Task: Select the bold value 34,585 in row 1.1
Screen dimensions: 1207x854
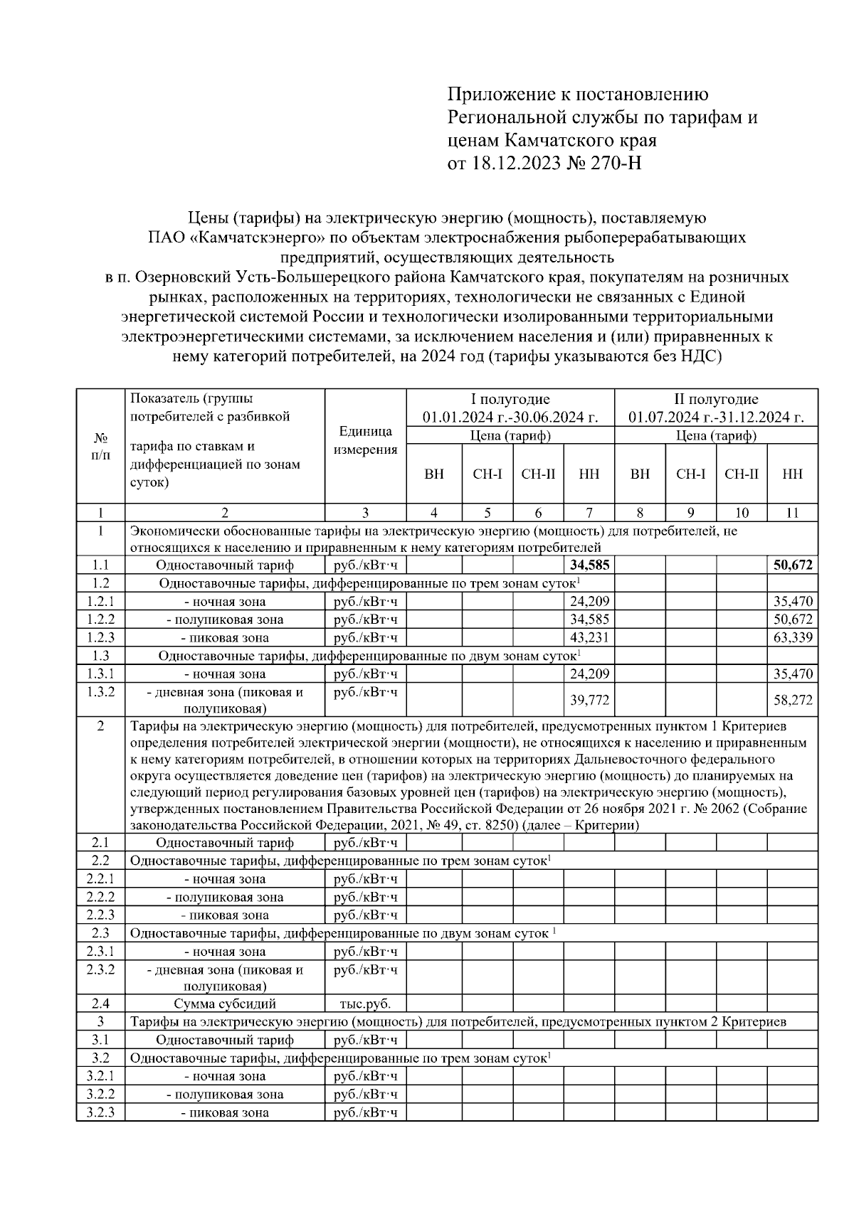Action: click(589, 565)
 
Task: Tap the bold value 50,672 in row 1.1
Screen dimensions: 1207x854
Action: click(793, 565)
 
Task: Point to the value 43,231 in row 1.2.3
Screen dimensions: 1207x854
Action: click(589, 638)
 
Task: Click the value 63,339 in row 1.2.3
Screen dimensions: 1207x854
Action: click(793, 638)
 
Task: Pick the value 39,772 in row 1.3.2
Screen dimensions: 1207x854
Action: click(589, 701)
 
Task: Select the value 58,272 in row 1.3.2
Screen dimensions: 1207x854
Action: click(793, 701)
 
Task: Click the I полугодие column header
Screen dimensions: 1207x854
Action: click(510, 400)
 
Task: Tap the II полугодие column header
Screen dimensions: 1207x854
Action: click(716, 400)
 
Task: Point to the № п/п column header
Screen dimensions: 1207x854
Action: click(100, 447)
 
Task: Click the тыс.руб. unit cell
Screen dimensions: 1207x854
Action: click(365, 1004)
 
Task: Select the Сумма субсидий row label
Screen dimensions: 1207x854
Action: click(225, 1004)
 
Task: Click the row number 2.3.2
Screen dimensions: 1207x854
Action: click(100, 969)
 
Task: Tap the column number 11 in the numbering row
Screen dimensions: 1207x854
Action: click(792, 513)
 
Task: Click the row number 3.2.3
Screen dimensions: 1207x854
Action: click(100, 1112)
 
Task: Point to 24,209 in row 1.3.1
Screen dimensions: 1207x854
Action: click(589, 674)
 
